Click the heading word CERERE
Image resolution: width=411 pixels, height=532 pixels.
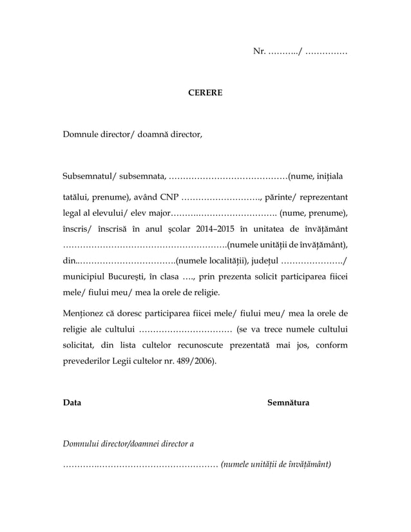tap(205, 93)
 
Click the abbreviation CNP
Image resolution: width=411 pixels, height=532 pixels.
tap(169, 196)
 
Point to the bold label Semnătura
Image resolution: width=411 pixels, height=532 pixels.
tap(288, 403)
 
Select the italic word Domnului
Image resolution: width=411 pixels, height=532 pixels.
tap(80, 444)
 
